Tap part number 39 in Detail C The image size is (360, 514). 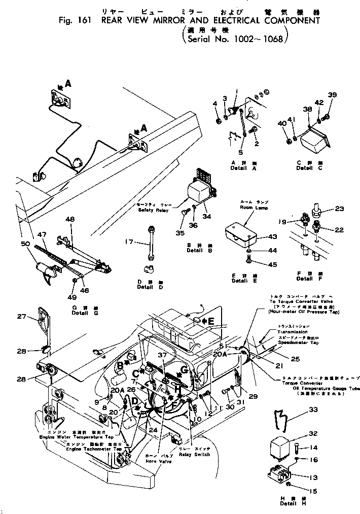coord(332,95)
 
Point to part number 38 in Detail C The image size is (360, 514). coord(308,109)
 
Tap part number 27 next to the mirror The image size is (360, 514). coord(21,317)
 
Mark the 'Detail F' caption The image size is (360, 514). coord(304,279)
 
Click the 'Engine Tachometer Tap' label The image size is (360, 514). coord(94,449)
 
